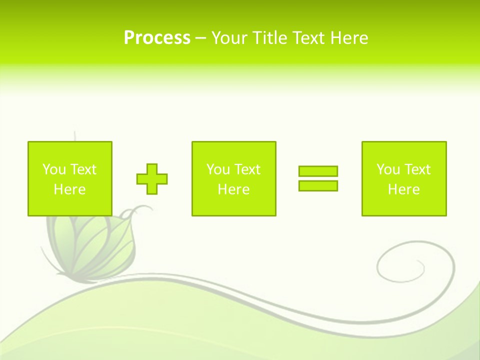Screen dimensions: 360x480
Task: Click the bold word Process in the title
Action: coord(157,38)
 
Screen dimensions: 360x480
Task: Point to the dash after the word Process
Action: coord(200,38)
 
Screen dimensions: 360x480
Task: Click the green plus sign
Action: coord(152,178)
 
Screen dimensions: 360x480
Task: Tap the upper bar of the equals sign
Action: coord(318,171)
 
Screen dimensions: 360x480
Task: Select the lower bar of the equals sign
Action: coord(318,185)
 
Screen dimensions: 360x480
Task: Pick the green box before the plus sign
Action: coord(69,178)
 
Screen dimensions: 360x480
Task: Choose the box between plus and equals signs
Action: coord(233,178)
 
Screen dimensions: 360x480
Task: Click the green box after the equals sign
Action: coord(404,178)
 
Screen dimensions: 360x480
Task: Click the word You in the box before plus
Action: coord(53,169)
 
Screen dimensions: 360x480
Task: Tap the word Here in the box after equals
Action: coord(404,189)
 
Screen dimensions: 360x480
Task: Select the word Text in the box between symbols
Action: coord(247,169)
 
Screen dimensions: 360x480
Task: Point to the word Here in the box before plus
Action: coord(69,189)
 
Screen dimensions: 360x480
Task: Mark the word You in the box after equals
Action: coord(388,169)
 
